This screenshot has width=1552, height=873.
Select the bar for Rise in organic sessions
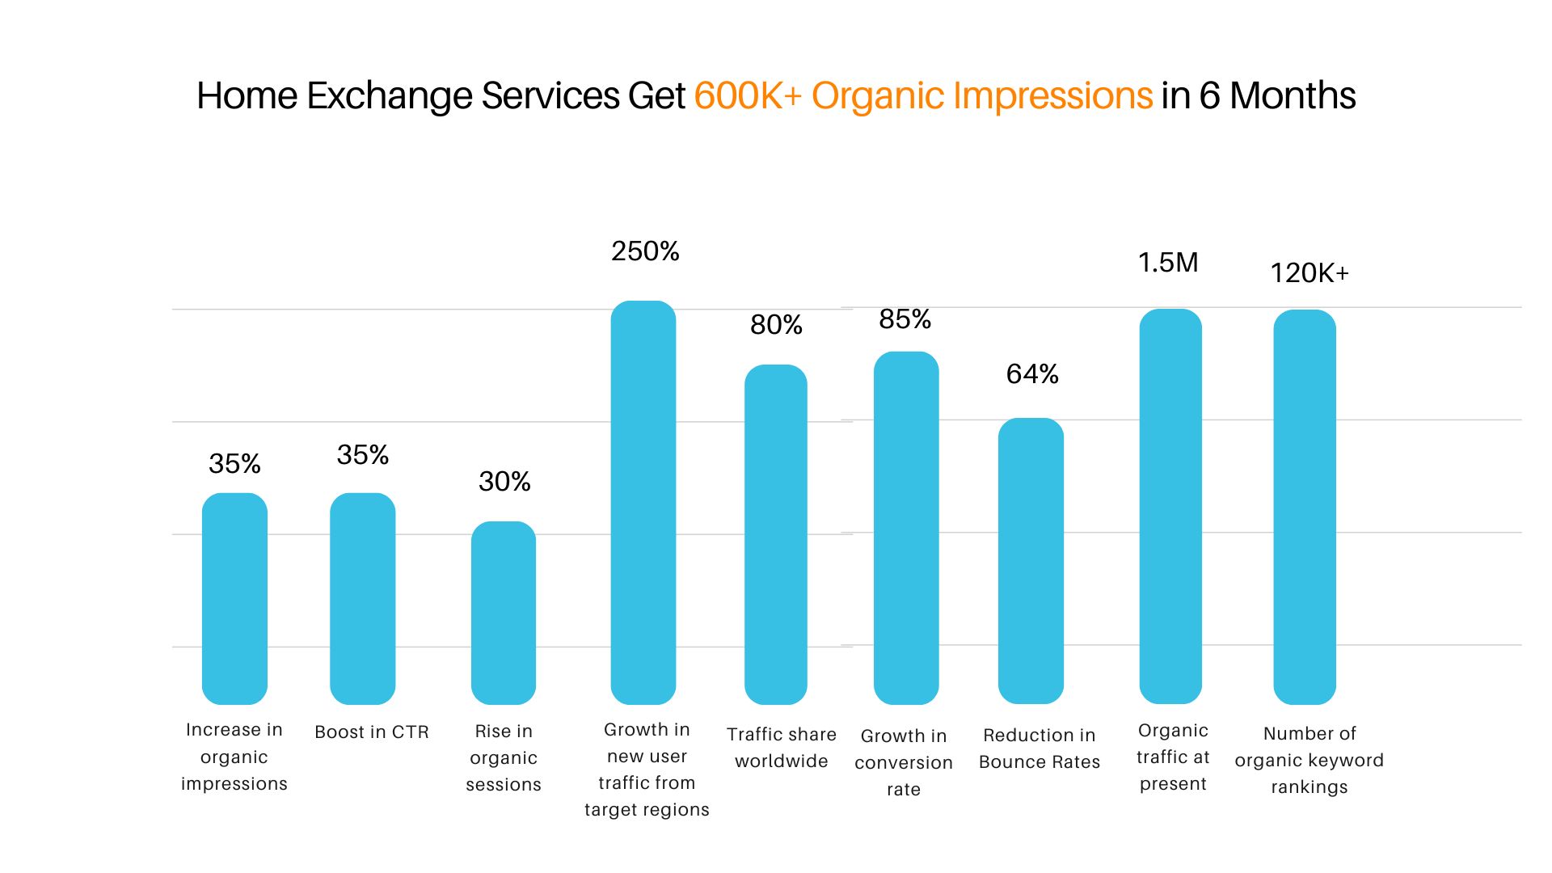point(504,613)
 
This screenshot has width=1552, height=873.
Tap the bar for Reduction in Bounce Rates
point(1031,561)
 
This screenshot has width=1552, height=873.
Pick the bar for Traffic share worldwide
point(776,534)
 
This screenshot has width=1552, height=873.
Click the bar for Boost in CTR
point(363,599)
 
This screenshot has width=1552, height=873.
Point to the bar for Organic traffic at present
point(1170,506)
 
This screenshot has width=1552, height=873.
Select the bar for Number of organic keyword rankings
point(1305,507)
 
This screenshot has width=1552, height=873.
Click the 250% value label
point(645,251)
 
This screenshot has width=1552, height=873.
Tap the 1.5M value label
point(1168,263)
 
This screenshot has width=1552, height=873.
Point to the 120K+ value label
point(1309,273)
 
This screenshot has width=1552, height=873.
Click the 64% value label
point(1032,374)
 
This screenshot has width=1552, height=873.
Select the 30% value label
point(504,482)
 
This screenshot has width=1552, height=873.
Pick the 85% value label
point(905,319)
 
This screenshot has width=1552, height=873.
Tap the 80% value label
point(776,325)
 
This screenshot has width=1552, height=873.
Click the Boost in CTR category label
point(372,732)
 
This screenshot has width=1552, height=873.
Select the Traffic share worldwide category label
point(782,748)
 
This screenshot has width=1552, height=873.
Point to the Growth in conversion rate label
point(904,762)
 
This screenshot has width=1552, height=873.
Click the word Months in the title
point(1293,96)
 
